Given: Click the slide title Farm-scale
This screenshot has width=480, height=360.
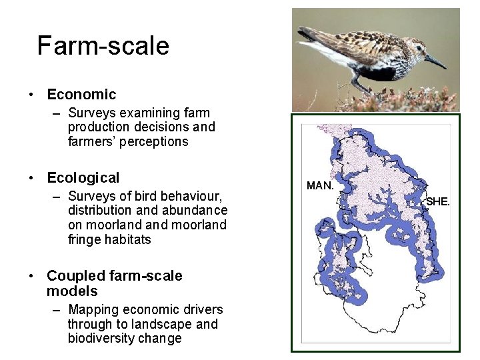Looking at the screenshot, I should (103, 46).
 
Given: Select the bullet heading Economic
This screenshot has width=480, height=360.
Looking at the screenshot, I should (81, 95).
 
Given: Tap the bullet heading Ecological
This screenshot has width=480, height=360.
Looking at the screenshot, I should (83, 178).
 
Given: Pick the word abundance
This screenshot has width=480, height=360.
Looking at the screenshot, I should (195, 211).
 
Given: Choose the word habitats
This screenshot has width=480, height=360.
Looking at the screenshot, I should (128, 239).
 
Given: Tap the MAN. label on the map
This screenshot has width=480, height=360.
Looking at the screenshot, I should (319, 186).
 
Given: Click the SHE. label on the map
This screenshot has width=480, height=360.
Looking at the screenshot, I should (438, 201).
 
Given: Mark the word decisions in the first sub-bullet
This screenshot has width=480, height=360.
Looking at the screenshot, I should (151, 127).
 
